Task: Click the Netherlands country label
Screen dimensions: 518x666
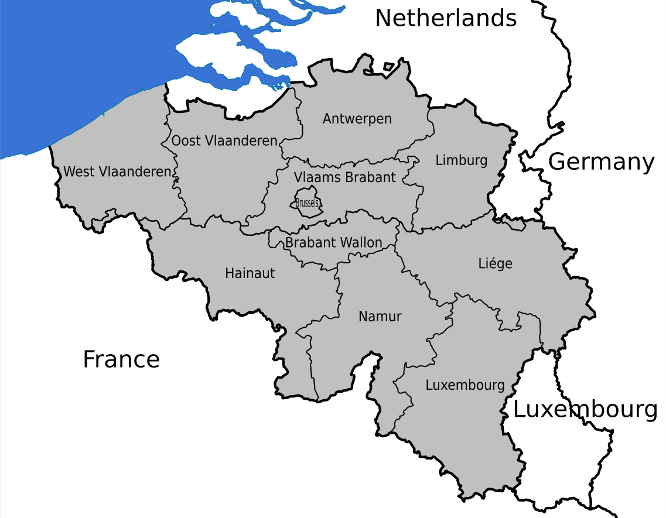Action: pos(446,18)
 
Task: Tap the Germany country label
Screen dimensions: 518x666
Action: pos(601,162)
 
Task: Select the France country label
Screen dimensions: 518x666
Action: pos(121,359)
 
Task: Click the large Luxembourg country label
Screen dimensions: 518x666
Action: pos(585,410)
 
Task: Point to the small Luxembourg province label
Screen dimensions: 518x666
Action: pos(465,385)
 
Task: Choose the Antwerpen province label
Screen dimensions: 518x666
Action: pos(357,119)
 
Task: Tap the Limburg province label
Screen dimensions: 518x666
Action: pos(462,160)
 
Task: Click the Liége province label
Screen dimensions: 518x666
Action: pos(496,263)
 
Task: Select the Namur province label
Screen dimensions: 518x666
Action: pos(380,317)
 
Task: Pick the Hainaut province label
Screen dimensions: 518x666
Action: pos(250,273)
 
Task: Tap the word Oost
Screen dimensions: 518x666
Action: pos(186,140)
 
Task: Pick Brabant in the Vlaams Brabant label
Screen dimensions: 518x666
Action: pos(370,177)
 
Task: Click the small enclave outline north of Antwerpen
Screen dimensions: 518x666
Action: pos(388,66)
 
